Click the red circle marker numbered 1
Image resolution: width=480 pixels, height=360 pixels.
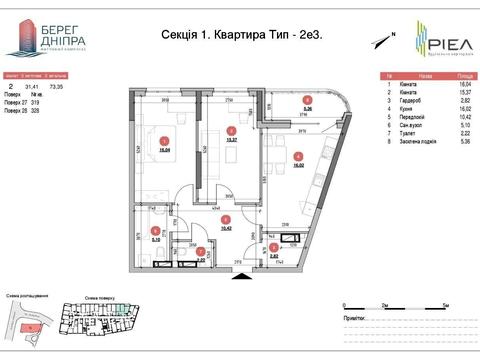[x=164, y=141]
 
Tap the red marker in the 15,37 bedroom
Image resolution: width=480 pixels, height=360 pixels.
[x=231, y=130]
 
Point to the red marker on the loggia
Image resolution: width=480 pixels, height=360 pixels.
[x=308, y=100]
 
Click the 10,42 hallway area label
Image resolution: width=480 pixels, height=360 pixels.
[x=226, y=229]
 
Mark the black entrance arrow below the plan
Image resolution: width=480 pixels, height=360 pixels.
[x=238, y=278]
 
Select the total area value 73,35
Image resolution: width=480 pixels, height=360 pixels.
[x=69, y=88]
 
